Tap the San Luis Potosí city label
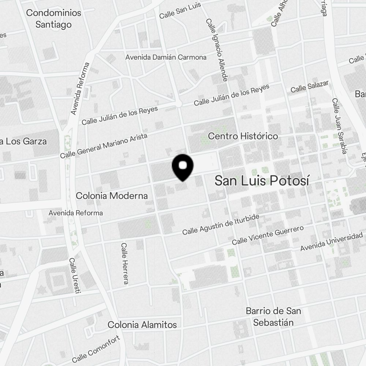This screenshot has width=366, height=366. click(262, 180)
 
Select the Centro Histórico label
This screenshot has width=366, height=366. click(243, 136)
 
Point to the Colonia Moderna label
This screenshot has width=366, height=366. click(112, 196)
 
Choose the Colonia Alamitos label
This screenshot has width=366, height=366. click(142, 325)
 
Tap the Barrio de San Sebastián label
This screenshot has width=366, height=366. click(273, 317)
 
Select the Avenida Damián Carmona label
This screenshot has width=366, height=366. click(166, 57)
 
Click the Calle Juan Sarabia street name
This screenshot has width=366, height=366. click(339, 126)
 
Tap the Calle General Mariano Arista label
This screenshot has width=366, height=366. click(104, 146)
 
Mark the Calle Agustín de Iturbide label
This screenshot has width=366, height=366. click(221, 225)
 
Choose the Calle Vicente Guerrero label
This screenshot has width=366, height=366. click(268, 235)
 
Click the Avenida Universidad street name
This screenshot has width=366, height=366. click(331, 242)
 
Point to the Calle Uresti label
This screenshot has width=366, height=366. click(75, 275)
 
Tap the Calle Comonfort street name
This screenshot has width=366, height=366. click(96, 349)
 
